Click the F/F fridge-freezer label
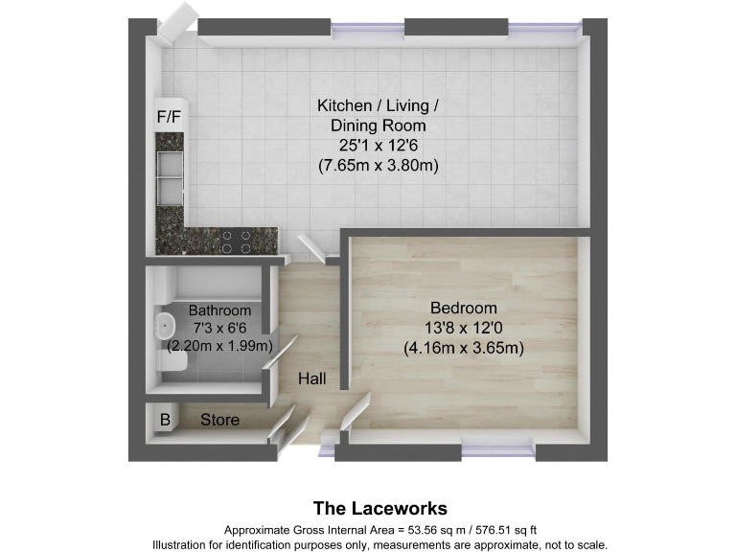pos(169,117)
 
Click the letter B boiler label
pos(165,420)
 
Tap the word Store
pos(219,419)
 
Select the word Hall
pos(311,379)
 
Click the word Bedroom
pos(463,308)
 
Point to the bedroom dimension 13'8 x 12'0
pos(463,328)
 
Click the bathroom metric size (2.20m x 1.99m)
pos(220,346)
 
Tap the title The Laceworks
pos(380,508)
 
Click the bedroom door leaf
pos(355,412)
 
